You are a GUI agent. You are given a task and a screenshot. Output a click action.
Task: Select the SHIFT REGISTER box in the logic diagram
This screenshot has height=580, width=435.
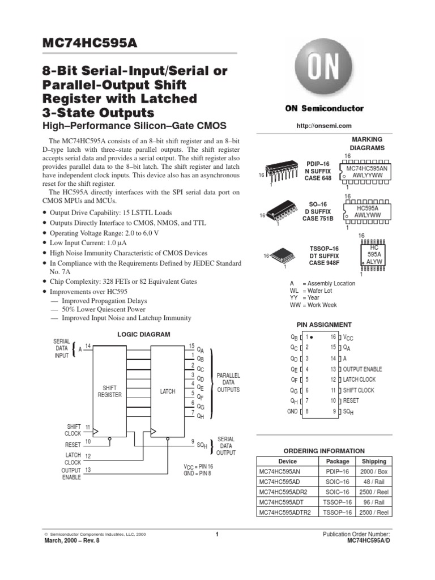109,391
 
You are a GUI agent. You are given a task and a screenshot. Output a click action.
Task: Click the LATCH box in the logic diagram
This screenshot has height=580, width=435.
168,391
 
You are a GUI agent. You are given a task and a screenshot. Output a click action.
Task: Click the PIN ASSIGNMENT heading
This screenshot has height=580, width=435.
324,325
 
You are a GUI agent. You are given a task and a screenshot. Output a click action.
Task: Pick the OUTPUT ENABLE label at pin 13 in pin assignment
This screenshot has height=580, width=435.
362,369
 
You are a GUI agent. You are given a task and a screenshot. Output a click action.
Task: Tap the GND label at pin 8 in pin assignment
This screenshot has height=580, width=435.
292,412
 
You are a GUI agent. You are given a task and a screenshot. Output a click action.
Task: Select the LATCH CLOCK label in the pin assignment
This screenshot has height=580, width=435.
359,379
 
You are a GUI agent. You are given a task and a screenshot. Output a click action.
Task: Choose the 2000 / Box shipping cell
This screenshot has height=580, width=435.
374,471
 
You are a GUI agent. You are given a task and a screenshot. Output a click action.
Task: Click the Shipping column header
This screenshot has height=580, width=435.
374,461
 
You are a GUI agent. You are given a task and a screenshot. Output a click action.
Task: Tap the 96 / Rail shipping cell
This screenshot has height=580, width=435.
374,502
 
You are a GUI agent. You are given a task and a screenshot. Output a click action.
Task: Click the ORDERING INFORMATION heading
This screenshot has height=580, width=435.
324,451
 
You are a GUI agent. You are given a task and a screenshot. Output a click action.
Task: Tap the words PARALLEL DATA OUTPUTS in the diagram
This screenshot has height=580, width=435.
228,382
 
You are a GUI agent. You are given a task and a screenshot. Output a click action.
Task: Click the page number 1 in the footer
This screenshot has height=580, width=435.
217,534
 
